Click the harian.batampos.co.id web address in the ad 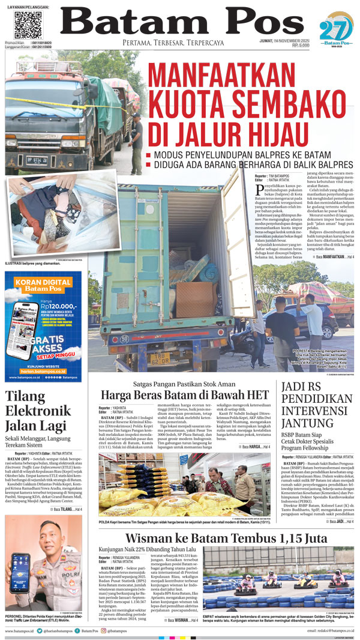(x=43, y=371)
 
